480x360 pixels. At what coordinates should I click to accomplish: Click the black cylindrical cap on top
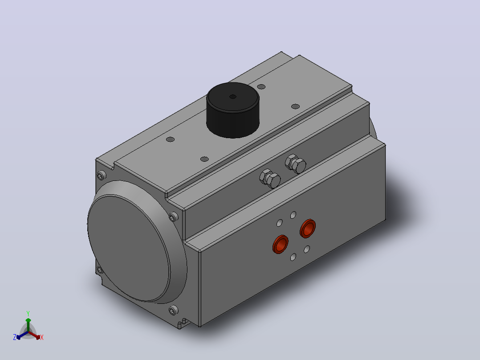[x=232, y=110]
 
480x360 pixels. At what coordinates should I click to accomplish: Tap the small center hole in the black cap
[x=232, y=97]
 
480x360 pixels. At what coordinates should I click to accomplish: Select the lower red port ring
[x=281, y=244]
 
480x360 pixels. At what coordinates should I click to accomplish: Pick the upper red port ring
[x=308, y=228]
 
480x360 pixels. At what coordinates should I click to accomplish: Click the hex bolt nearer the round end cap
[x=270, y=178]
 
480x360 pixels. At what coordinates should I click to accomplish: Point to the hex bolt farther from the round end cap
[x=296, y=164]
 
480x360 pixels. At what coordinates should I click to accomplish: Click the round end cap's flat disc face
[x=129, y=248]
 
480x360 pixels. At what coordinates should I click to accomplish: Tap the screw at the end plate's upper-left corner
[x=101, y=176]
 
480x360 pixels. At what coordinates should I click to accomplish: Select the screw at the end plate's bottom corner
[x=173, y=311]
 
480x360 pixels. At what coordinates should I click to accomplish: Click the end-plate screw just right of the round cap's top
[x=173, y=217]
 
